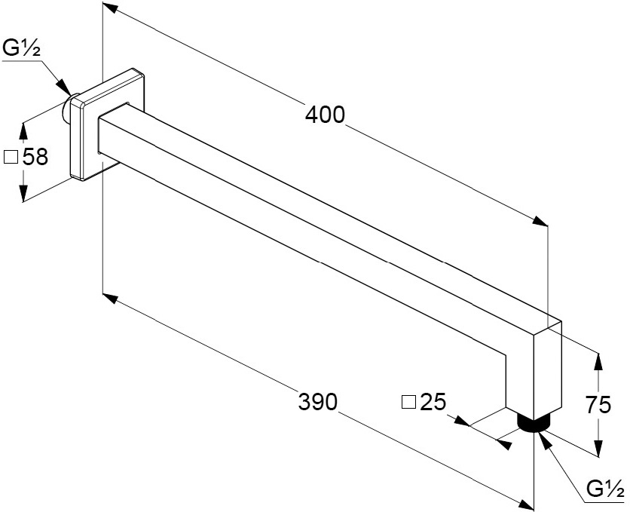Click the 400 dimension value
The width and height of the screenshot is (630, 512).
[325, 115]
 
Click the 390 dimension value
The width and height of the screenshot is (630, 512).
[317, 402]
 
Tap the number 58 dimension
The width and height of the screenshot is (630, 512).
[35, 157]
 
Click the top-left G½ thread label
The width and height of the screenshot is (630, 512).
[21, 50]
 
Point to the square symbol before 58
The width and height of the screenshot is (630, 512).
[11, 157]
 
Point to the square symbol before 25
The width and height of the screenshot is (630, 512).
[408, 402]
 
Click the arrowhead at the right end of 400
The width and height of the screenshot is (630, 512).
[541, 220]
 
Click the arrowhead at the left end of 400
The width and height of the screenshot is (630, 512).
[109, 8]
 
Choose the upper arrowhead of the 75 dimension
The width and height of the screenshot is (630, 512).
[598, 360]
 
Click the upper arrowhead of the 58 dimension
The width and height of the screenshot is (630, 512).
[23, 127]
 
